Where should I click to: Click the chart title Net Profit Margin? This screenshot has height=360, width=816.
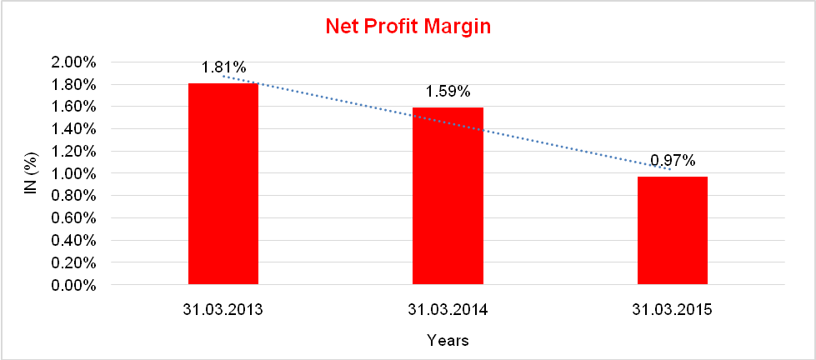[408, 27]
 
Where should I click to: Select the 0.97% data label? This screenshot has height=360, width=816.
[673, 160]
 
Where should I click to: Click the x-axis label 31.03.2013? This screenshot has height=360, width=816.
[223, 310]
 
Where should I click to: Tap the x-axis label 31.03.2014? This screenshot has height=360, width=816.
[448, 310]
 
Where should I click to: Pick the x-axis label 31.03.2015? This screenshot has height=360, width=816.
[673, 310]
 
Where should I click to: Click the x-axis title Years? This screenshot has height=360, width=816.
[448, 340]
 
